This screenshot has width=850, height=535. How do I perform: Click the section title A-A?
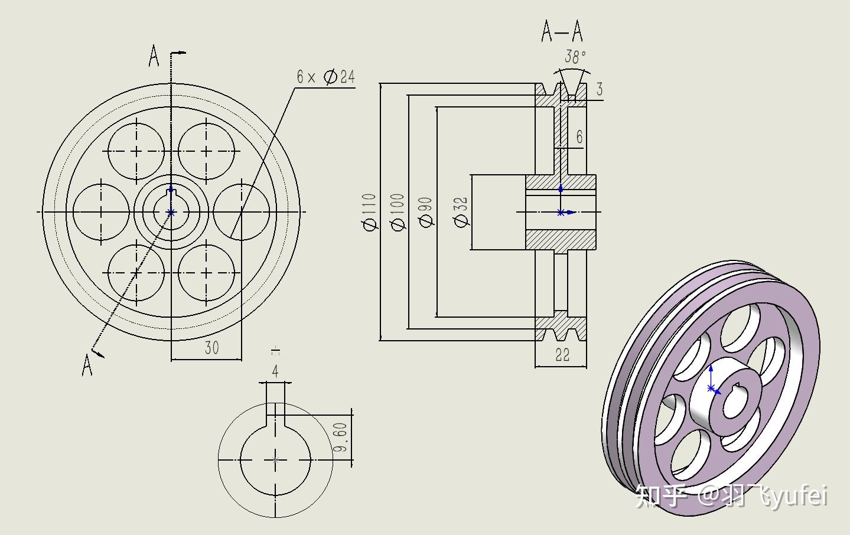pos(562,31)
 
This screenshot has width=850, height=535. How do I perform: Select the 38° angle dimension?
pos(575,57)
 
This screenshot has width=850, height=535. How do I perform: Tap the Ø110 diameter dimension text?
pos(369,212)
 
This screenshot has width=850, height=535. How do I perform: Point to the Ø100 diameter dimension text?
pos(398,212)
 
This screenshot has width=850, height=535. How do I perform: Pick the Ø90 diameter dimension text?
pos(425,212)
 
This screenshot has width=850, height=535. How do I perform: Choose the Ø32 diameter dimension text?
pos(461,212)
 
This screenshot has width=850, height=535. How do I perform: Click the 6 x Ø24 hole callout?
pos(325,77)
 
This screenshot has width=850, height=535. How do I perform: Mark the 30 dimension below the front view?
pos(211,348)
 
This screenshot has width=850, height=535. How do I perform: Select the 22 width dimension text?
pos(562,355)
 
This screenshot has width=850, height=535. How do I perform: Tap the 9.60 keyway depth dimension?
pos(340,437)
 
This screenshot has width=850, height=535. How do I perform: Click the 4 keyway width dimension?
pos(275,371)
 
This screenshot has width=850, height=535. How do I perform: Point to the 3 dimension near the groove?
pos(600,89)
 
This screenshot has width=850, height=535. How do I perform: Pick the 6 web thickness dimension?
pos(579,137)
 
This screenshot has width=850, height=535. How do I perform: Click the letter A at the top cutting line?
pos(154,57)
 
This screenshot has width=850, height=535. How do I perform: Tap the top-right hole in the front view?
pos(206,151)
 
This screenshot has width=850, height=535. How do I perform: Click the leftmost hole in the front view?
pos(101,212)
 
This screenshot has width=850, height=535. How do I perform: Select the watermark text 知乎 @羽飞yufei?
pos(731,496)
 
